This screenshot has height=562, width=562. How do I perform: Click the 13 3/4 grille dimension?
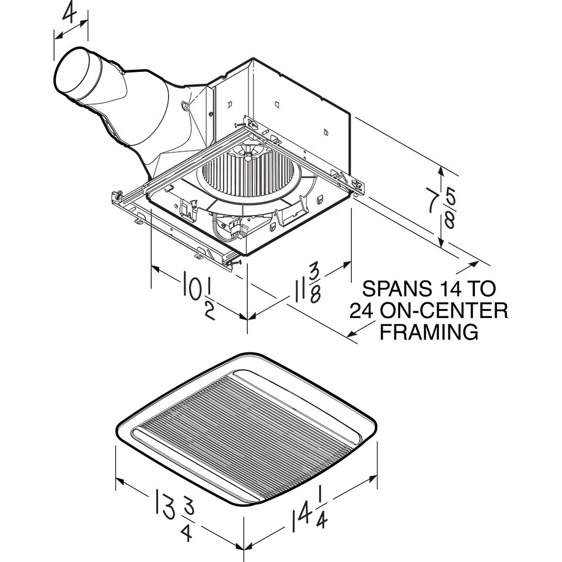(169, 511)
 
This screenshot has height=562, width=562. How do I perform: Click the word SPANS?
(396, 289)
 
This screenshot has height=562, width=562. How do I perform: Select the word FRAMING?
(429, 332)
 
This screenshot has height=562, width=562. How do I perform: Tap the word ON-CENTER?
(444, 310)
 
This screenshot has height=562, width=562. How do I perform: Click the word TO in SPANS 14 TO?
(483, 289)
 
